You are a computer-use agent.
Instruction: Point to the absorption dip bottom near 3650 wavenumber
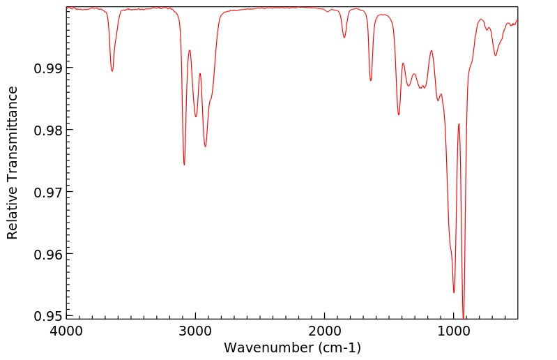(x=112, y=71)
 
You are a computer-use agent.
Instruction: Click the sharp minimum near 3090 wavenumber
(x=184, y=165)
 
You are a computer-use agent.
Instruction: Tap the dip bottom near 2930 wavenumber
(x=205, y=146)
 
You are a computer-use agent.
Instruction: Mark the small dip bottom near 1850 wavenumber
(x=344, y=38)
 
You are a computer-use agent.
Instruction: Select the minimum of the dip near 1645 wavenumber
(x=371, y=80)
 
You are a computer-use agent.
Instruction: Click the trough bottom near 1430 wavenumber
(x=399, y=114)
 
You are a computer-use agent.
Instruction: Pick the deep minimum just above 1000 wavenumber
(x=454, y=292)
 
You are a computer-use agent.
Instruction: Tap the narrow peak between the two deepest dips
(x=459, y=124)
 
